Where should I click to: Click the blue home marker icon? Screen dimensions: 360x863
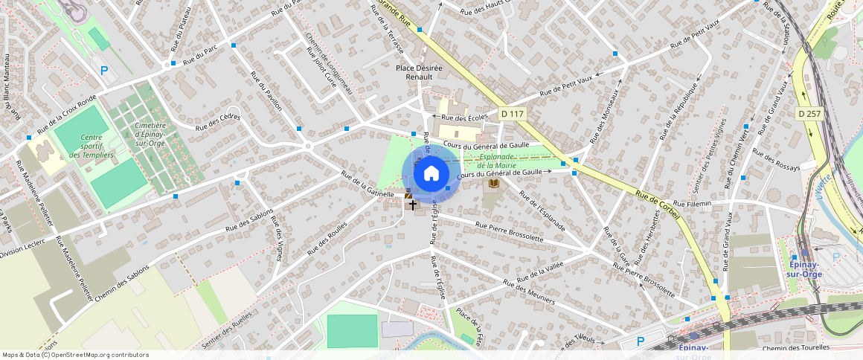[431, 174]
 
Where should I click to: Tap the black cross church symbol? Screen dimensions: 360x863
[413, 204]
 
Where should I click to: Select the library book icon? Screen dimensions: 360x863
[494, 183]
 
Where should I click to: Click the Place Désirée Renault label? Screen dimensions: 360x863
[419, 72]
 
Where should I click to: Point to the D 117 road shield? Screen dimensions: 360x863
[513, 114]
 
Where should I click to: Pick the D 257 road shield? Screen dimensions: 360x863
[810, 114]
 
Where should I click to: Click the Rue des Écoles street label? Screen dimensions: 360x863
[464, 118]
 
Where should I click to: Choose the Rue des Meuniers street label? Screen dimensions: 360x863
[529, 292]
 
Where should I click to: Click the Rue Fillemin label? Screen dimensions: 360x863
[691, 203]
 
